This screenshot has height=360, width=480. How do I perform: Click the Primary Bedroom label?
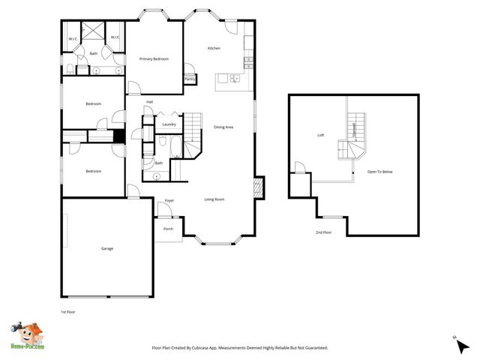click(154, 59)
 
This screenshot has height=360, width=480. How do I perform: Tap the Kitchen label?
click(214, 49)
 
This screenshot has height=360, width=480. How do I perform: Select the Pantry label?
click(190, 78)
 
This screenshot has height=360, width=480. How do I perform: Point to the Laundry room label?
click(169, 124)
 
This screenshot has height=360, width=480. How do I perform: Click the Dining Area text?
click(223, 127)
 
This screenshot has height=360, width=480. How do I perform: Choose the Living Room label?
click(214, 199)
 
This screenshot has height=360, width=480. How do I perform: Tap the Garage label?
click(107, 248)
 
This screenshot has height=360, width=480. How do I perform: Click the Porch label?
click(168, 229)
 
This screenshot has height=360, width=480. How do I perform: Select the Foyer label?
click(169, 201)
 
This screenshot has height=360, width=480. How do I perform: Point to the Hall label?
click(150, 102)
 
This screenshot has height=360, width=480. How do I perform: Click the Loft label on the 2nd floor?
click(320, 135)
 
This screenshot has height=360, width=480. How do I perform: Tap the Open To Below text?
click(379, 172)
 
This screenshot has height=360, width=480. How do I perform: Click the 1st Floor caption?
click(67, 311)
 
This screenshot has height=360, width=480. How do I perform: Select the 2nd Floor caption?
click(323, 233)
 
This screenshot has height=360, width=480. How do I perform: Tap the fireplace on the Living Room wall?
click(259, 187)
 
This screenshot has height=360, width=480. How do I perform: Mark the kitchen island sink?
click(235, 77)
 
